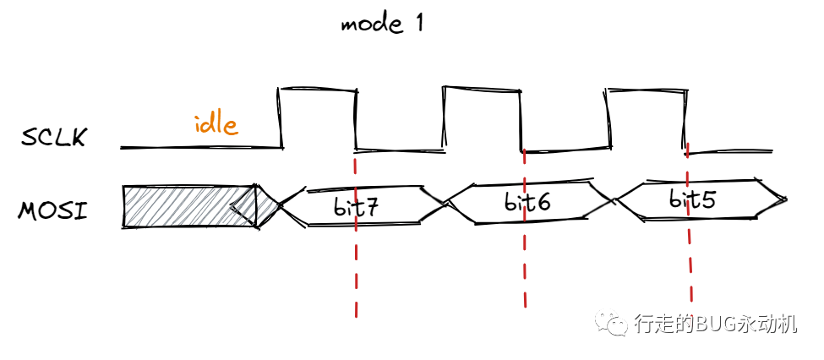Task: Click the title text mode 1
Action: click(381, 23)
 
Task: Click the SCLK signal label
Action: click(54, 137)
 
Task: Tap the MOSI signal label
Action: click(52, 209)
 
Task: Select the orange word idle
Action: click(216, 125)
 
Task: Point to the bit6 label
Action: click(527, 203)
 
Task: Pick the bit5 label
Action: click(692, 200)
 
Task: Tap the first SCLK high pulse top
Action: click(317, 88)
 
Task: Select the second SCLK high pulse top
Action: click(482, 89)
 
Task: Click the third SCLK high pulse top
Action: click(646, 89)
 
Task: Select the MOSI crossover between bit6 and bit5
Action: click(614, 201)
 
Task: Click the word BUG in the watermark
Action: click(712, 325)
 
